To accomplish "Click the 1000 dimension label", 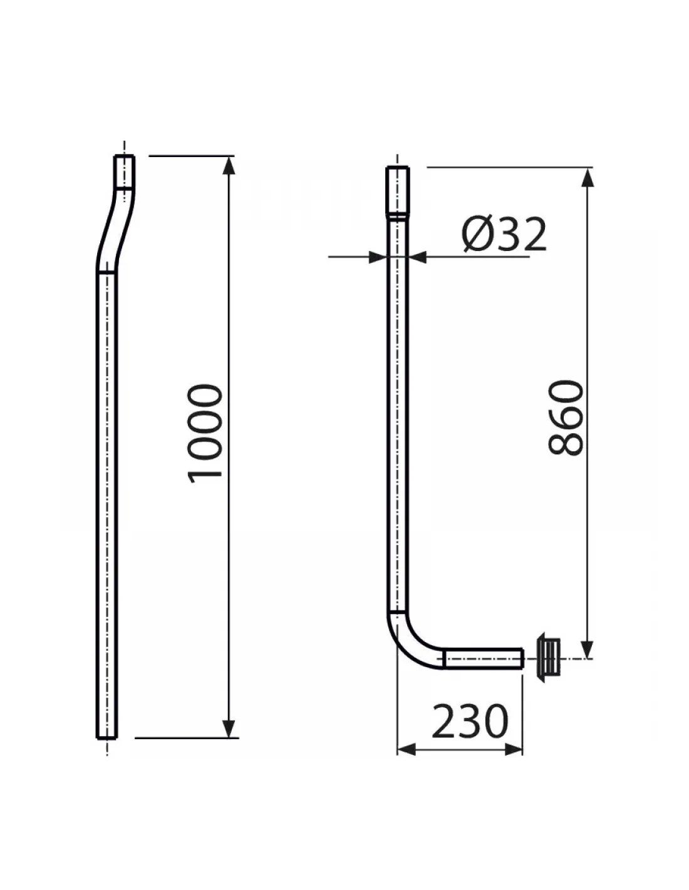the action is [205, 434].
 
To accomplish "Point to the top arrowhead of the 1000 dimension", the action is [229, 166].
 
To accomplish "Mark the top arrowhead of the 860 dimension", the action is [588, 177].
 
